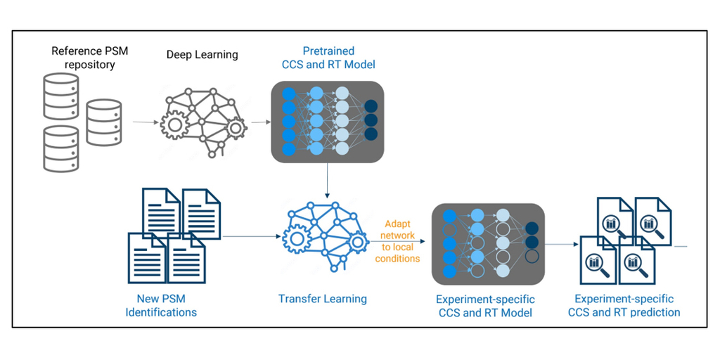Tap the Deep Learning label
click(x=202, y=54)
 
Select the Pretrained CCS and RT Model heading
click(x=328, y=58)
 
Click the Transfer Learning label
click(x=323, y=299)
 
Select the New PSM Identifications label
click(x=161, y=305)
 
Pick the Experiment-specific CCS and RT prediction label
click(x=624, y=305)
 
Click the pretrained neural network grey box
click(x=328, y=121)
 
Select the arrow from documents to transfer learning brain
click(x=250, y=236)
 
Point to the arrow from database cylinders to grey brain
click(x=143, y=122)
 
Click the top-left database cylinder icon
click(x=61, y=94)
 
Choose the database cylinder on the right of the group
click(x=104, y=122)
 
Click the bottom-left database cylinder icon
click(x=61, y=148)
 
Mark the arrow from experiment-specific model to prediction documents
click(x=562, y=245)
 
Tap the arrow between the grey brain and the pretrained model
click(x=260, y=122)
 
